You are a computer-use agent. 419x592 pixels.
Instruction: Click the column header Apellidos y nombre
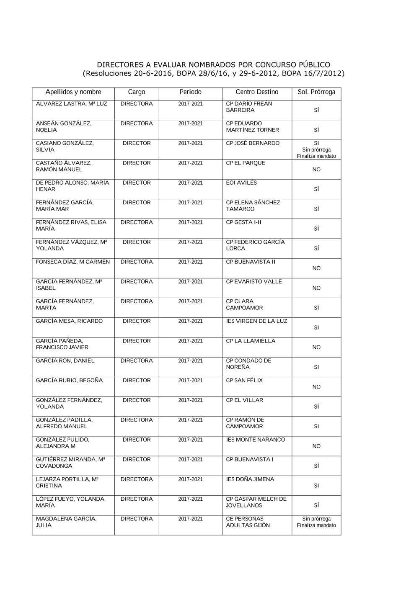(73, 92)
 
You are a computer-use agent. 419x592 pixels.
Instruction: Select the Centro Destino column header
(257, 92)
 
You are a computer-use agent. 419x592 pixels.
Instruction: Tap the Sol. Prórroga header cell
(316, 92)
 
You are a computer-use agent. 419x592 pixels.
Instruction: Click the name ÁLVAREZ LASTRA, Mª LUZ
(71, 104)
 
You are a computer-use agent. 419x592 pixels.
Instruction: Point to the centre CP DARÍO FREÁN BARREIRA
(249, 107)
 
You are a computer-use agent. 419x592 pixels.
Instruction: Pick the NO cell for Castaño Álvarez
(316, 170)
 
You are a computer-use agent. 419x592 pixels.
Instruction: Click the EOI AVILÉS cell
(241, 183)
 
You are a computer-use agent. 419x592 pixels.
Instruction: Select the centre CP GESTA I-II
(243, 222)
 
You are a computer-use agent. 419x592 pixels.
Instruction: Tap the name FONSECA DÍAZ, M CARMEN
(73, 262)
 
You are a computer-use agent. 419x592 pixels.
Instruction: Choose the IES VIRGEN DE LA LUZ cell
(256, 321)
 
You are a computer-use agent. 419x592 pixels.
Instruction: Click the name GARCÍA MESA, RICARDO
(69, 321)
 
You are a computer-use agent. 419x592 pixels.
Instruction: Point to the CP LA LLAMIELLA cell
(251, 341)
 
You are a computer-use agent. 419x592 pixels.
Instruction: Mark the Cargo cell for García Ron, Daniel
(137, 360)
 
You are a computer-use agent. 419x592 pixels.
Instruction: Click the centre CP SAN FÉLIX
(244, 381)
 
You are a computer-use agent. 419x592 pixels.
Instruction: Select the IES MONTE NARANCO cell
(255, 440)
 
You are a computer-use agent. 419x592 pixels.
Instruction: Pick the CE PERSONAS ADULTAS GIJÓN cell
(248, 522)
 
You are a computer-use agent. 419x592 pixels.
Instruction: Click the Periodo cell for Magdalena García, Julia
(190, 519)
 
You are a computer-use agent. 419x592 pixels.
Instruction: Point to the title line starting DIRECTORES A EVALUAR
(213, 65)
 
